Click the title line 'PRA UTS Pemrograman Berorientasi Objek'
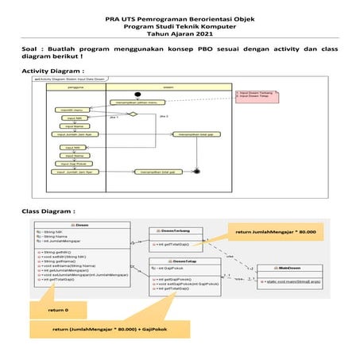click(x=180, y=17)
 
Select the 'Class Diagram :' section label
click(x=48, y=211)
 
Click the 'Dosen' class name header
click(x=82, y=225)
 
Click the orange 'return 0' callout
click(x=58, y=309)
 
